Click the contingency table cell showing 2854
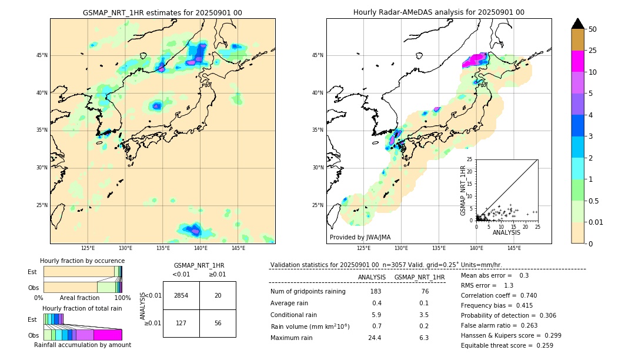click(x=181, y=295)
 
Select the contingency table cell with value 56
click(x=218, y=323)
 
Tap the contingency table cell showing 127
click(x=181, y=323)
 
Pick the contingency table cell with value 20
click(x=218, y=295)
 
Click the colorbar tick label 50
click(x=593, y=29)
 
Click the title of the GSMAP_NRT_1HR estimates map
click(x=162, y=12)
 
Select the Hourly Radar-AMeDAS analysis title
click(x=439, y=12)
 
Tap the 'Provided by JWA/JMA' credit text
click(x=360, y=237)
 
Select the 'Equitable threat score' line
click(x=507, y=345)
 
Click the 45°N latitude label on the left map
click(x=42, y=55)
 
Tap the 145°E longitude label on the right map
click(x=514, y=248)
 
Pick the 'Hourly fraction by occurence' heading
click(x=82, y=261)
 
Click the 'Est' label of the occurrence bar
click(x=32, y=272)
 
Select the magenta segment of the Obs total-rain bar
click(x=108, y=335)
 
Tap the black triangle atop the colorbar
click(x=578, y=24)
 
